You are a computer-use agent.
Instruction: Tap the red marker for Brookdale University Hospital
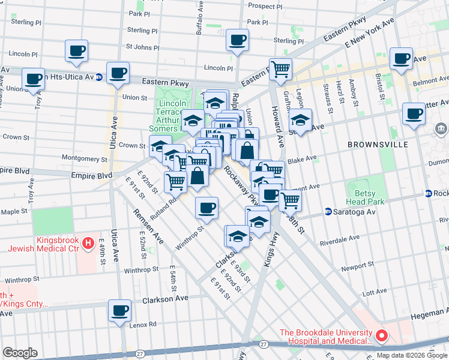click(x=381, y=335)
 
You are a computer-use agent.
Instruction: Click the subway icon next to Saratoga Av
click(x=328, y=211)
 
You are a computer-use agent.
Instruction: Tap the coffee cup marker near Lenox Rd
click(x=119, y=310)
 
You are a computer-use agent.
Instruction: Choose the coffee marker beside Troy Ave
click(x=33, y=78)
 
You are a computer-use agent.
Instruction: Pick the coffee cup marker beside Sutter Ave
click(x=413, y=113)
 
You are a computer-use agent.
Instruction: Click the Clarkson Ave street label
click(x=166, y=298)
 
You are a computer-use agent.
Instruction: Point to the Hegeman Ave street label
click(x=430, y=311)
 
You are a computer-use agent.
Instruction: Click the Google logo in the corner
click(x=20, y=353)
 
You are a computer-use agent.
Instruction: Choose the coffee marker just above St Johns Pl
click(x=237, y=40)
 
